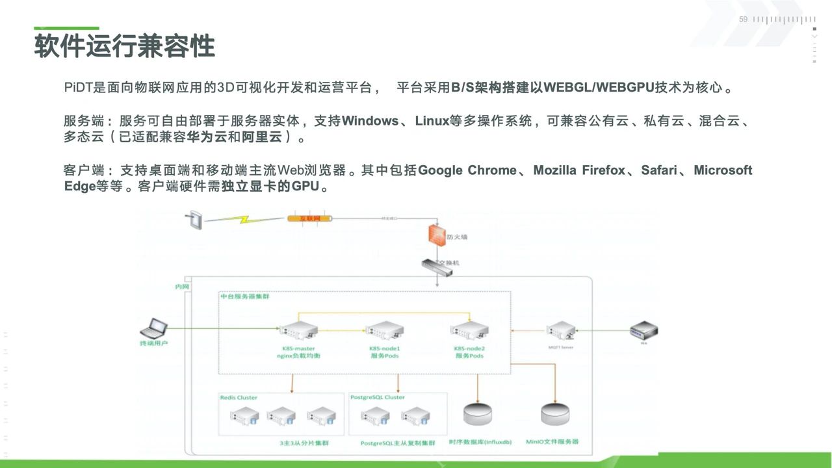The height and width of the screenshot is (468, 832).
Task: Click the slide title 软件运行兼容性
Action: click(124, 47)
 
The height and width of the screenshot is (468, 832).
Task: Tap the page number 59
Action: click(744, 19)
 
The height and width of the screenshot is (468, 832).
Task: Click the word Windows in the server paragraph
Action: click(370, 121)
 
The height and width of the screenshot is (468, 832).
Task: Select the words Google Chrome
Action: click(467, 170)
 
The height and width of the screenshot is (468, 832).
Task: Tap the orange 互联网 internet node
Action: click(309, 218)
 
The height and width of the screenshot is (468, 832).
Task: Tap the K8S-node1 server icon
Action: click(383, 331)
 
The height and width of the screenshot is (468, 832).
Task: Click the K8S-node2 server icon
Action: click(469, 331)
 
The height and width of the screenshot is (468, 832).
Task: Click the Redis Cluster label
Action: click(239, 397)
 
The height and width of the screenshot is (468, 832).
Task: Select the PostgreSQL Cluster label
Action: click(377, 397)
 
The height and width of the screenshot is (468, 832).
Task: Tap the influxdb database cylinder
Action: click(478, 414)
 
